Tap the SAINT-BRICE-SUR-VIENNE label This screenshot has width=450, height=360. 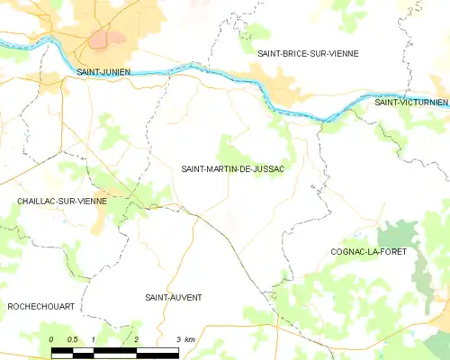[x=308, y=54]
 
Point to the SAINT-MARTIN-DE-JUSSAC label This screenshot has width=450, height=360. [x=233, y=168]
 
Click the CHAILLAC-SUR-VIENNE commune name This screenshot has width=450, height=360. [x=61, y=201]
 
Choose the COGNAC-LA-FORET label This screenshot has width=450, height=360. [x=368, y=252]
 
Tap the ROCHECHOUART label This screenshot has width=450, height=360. [x=40, y=307]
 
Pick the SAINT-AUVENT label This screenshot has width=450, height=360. [x=174, y=297]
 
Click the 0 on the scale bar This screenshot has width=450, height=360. [x=52, y=338]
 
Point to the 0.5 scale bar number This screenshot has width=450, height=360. [x=72, y=338]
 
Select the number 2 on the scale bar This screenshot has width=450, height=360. [x=135, y=338]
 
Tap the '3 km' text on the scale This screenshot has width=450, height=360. [x=185, y=338]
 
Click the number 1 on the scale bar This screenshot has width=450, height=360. [x=94, y=338]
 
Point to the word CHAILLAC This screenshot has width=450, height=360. [x=39, y=201]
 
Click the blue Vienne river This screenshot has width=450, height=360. [x=225, y=74]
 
